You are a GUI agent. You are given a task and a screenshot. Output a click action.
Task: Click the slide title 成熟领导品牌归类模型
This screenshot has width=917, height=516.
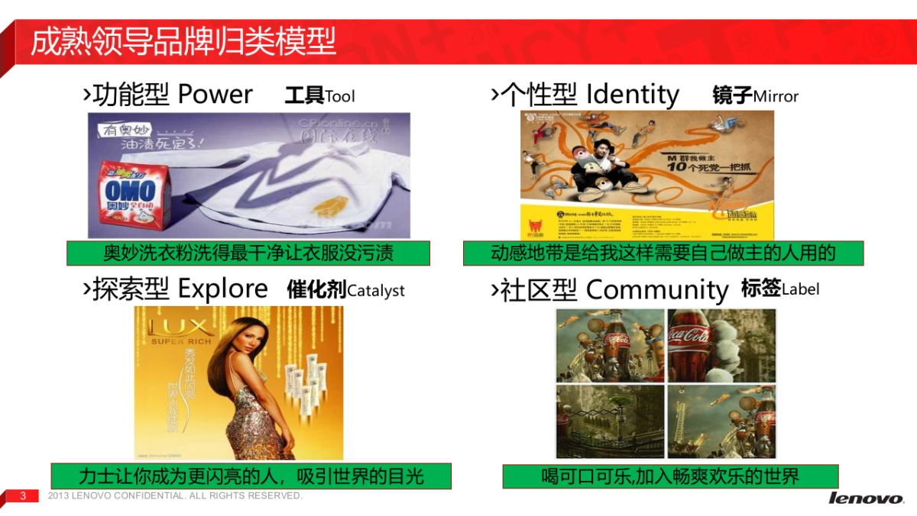(x=183, y=43)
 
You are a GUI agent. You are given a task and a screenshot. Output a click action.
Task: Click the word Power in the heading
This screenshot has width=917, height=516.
(x=215, y=95)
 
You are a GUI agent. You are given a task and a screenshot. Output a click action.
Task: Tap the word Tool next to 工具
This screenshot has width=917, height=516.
(x=340, y=97)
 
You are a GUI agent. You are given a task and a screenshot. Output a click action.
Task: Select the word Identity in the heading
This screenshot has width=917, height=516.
(x=632, y=95)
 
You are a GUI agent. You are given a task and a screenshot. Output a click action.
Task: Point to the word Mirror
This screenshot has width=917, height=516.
(x=776, y=97)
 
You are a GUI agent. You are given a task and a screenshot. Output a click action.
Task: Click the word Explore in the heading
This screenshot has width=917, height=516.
(x=222, y=289)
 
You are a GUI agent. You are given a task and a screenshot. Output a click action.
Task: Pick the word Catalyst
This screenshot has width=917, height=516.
(x=376, y=291)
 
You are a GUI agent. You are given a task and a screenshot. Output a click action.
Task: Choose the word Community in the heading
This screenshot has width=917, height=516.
(x=656, y=290)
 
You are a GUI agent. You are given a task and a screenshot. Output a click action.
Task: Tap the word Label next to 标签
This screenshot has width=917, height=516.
(x=801, y=289)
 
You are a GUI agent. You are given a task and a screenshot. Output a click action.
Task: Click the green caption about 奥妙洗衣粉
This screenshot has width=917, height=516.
(x=248, y=253)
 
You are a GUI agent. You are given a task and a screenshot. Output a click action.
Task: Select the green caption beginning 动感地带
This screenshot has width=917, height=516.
(x=663, y=253)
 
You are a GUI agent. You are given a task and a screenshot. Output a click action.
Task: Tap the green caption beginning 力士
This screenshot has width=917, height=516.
(x=251, y=476)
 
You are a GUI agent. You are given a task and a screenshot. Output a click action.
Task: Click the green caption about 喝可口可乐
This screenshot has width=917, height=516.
(x=669, y=476)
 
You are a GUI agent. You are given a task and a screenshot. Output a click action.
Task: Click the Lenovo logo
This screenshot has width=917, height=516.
(x=865, y=498)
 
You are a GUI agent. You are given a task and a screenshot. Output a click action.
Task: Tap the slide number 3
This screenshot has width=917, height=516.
(x=23, y=496)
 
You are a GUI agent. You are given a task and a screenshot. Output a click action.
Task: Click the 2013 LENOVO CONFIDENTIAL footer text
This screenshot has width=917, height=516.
(x=175, y=496)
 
